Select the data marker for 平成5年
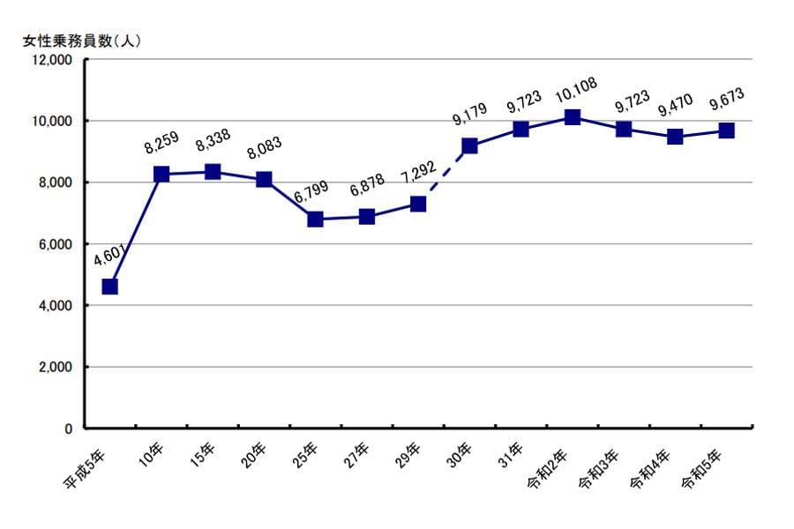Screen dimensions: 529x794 [109, 287]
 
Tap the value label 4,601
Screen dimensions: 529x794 [110, 257]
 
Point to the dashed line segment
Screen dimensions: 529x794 [444, 175]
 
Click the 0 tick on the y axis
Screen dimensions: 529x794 [67, 428]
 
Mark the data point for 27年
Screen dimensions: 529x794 [367, 216]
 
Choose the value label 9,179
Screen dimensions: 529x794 [469, 116]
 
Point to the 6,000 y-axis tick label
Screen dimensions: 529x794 [55, 244]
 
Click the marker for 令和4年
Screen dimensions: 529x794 [675, 137]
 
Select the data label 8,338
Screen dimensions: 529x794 [213, 143]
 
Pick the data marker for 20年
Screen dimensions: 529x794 [264, 179]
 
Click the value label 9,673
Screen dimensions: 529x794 [727, 101]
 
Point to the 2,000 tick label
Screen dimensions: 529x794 [55, 367]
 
